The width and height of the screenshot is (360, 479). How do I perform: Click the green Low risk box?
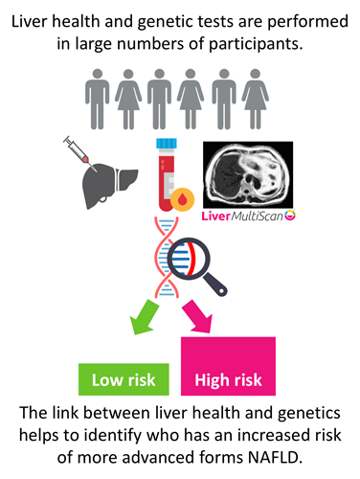pos(124,379)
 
